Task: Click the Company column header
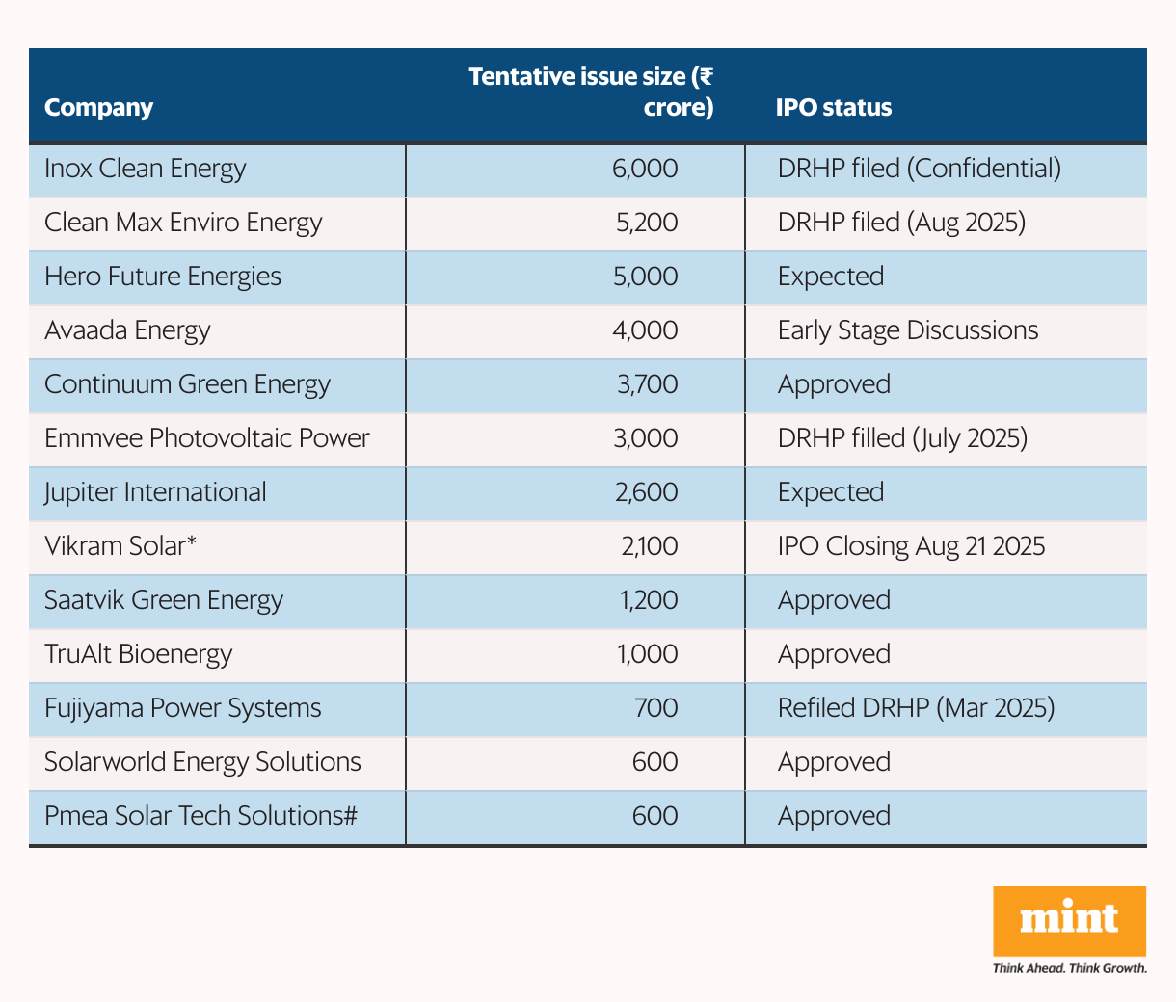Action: [x=98, y=107]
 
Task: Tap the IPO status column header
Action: [x=834, y=107]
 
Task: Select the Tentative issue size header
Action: [x=591, y=92]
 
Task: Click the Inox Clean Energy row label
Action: [x=145, y=169]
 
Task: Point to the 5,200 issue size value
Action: [x=647, y=223]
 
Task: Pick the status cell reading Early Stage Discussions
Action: [x=907, y=330]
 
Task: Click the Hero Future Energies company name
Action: [x=163, y=277]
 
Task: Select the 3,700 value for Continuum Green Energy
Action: [x=647, y=384]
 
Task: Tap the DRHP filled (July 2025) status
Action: [x=902, y=438]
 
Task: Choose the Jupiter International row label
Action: [x=155, y=492]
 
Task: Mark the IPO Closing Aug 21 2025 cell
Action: [x=911, y=546]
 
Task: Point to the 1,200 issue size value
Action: [x=649, y=600]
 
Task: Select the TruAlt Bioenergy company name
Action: [x=139, y=654]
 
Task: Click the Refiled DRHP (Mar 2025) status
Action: [x=916, y=708]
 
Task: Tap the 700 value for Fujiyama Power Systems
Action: [x=655, y=708]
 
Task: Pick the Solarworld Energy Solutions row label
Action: [x=202, y=762]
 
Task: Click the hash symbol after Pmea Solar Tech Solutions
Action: [x=351, y=816]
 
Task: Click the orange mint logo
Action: [x=1069, y=920]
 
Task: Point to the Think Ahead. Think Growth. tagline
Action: [x=1069, y=968]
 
